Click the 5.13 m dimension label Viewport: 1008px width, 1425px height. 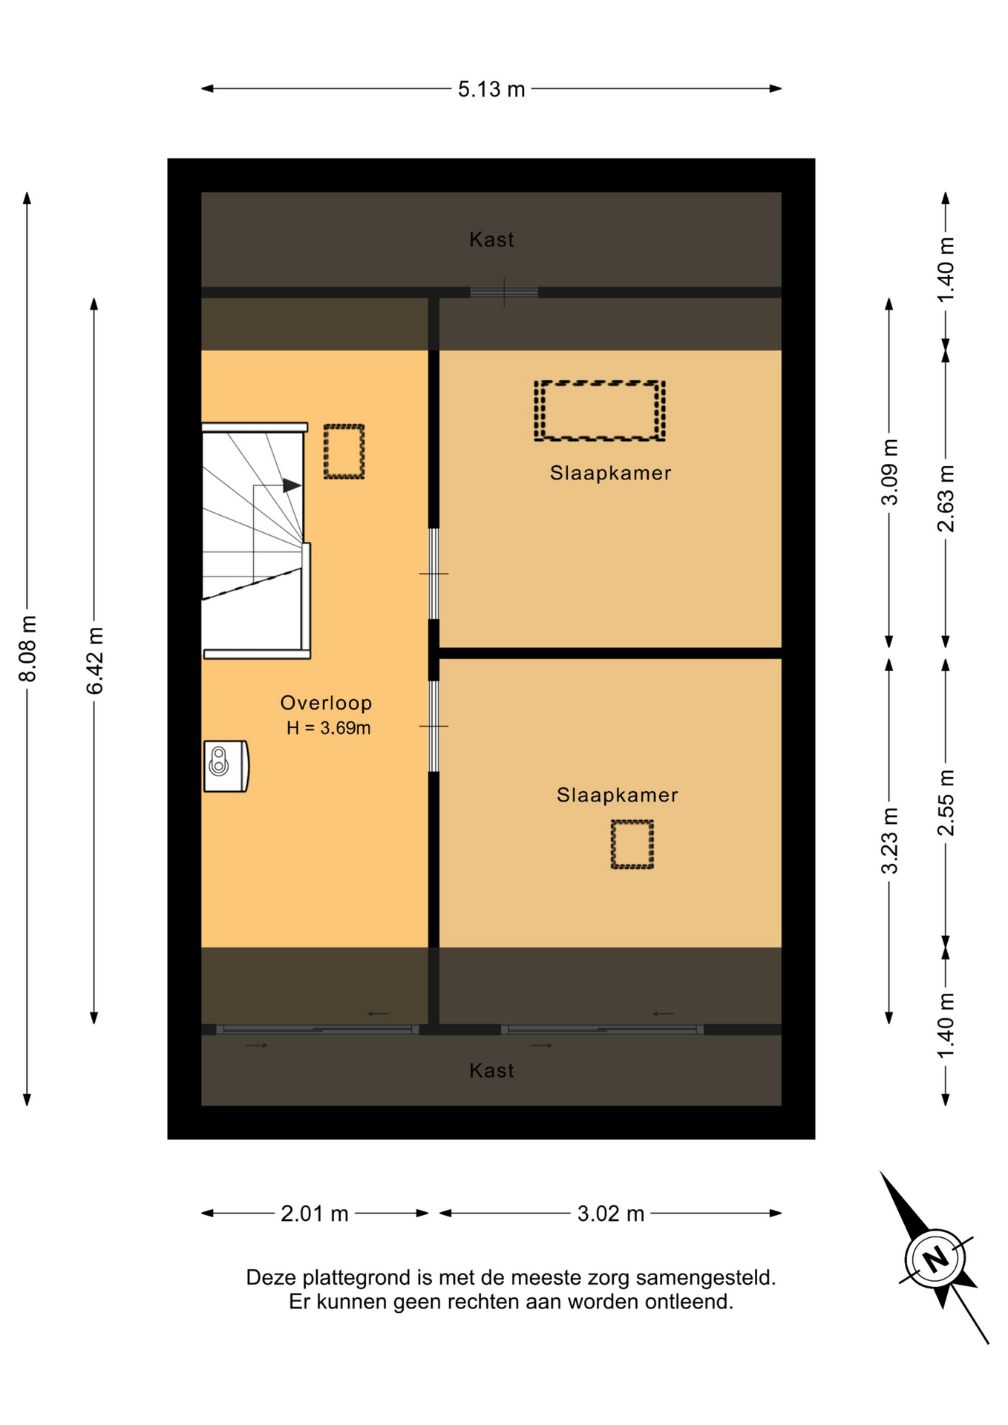pos(491,89)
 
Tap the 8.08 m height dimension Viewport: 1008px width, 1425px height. pos(27,648)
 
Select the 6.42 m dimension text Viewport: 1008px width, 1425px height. pos(94,661)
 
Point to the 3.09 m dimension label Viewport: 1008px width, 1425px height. pos(889,472)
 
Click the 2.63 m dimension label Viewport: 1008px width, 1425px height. pos(946,499)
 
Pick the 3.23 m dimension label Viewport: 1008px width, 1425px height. pos(889,841)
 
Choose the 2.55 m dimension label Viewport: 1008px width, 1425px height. pos(946,802)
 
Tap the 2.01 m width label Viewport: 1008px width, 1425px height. pos(314,1213)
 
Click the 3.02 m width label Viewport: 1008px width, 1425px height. pos(611,1213)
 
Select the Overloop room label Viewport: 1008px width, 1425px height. pos(326,703)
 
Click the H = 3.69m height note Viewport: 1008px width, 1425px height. pos(328,728)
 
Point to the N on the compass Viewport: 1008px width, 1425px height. pos(935,1259)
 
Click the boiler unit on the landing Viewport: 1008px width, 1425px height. pos(226,766)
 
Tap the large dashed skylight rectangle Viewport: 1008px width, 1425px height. pos(599,411)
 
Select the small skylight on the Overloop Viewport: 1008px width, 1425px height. pos(344,451)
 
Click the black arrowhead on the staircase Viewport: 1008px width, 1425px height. pos(292,486)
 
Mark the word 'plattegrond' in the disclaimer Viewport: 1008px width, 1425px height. pos(356,1278)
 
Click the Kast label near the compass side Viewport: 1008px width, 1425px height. pos(491,1070)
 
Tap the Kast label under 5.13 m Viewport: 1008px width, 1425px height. pos(491,240)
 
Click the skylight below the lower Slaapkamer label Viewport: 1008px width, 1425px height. pos(632,845)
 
